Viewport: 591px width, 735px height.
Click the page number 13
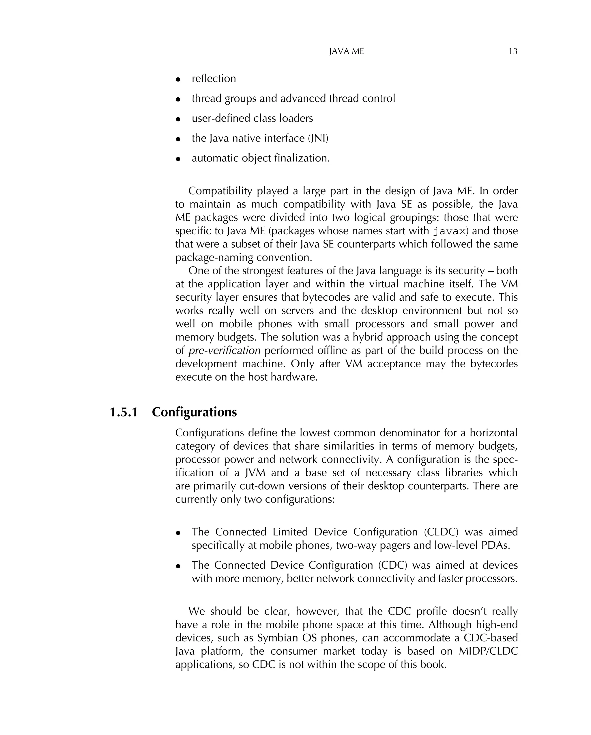[x=513, y=51]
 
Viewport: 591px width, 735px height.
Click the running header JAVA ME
[x=346, y=51]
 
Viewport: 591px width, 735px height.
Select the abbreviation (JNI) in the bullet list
[x=318, y=138]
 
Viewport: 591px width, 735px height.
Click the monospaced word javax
[x=449, y=231]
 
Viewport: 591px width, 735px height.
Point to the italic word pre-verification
[x=225, y=350]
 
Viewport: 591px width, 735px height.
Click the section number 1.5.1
[x=123, y=412]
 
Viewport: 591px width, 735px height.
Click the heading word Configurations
[x=194, y=412]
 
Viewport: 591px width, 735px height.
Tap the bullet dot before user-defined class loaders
[x=178, y=119]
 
